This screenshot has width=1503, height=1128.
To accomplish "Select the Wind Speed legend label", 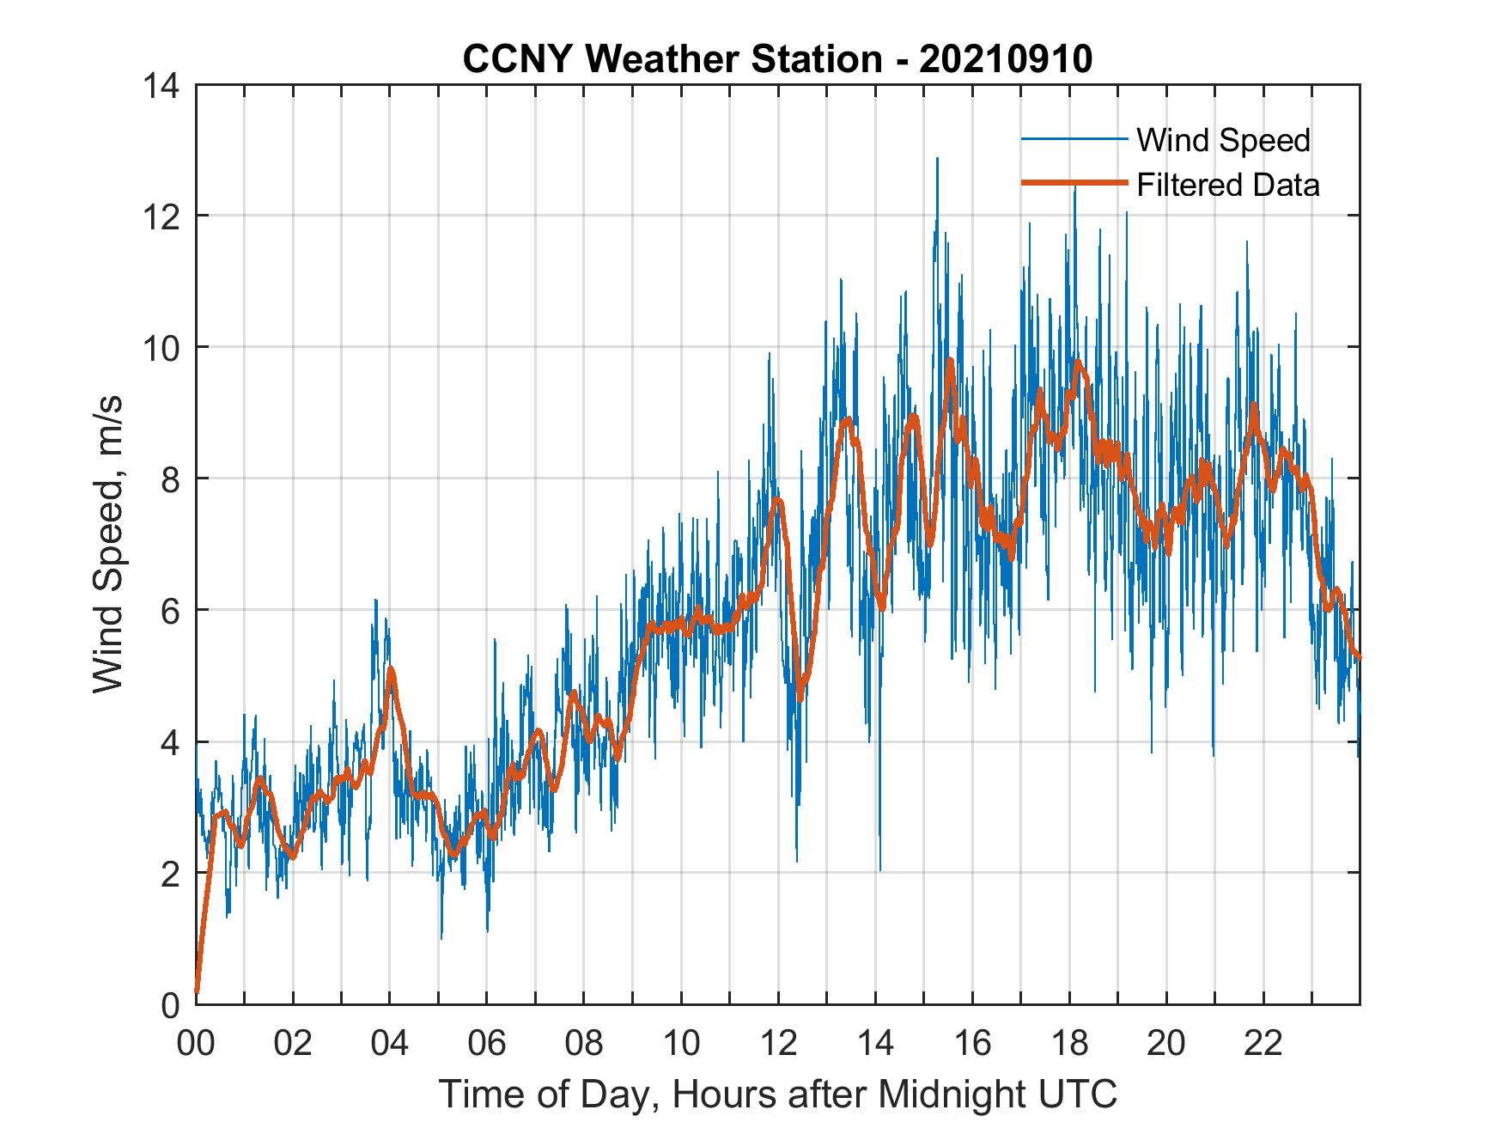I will click(1223, 140).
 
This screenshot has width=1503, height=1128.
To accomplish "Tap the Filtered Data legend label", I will click(1227, 185).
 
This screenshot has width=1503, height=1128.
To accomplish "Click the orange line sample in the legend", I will click(1074, 183).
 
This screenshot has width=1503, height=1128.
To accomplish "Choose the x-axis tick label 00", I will click(196, 1044).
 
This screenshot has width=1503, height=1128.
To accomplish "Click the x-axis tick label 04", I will click(390, 1044).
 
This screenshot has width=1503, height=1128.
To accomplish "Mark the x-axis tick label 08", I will click(584, 1044).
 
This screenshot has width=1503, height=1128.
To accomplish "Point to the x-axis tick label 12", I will click(778, 1044).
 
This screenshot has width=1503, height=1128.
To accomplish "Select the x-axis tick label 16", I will click(972, 1044).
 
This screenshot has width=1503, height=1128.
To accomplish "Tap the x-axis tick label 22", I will click(1263, 1044).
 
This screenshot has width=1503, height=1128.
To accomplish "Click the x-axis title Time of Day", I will click(777, 1094).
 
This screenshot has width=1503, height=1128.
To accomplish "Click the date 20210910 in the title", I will click(1006, 58).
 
